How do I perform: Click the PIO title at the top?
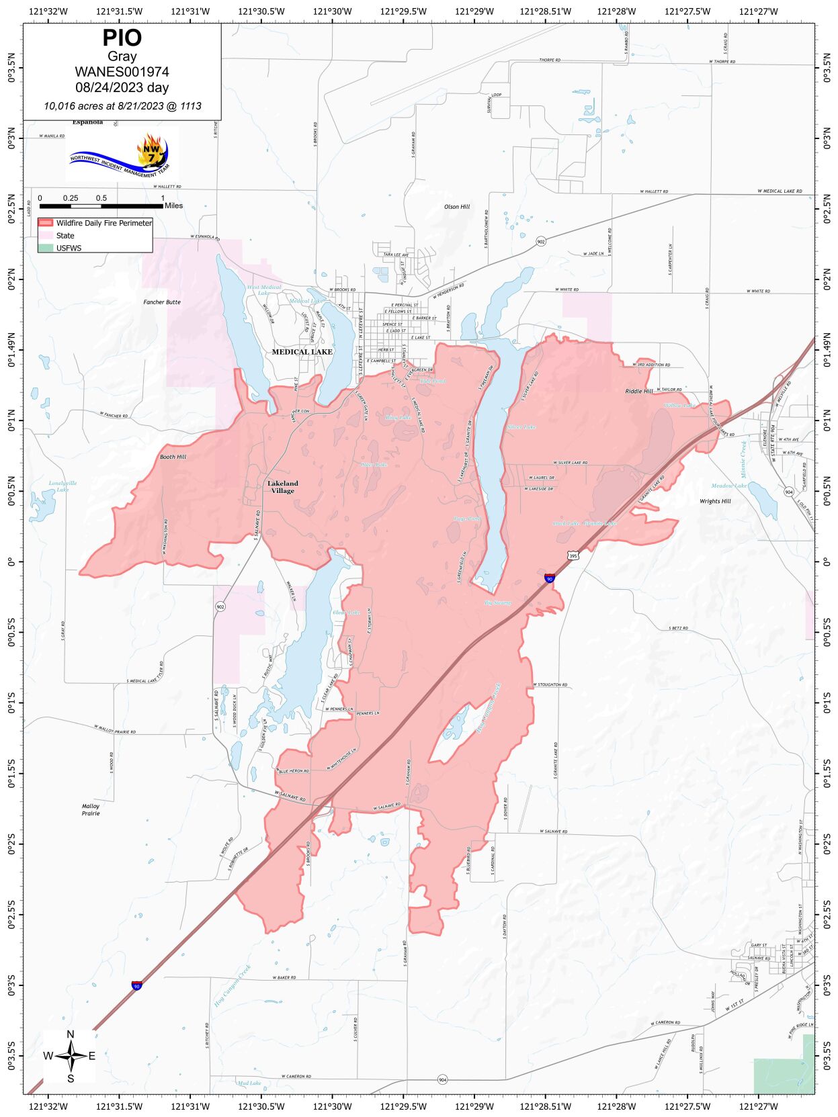tap(122, 38)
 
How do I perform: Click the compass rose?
tap(70, 1057)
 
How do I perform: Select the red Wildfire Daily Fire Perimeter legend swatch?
tap(46, 223)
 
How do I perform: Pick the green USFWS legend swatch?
tap(46, 248)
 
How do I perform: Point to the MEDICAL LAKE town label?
tap(302, 352)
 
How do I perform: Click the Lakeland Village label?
tap(282, 487)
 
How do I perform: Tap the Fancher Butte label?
tap(162, 302)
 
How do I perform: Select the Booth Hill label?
tap(173, 457)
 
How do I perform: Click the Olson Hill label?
tap(457, 207)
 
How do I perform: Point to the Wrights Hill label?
tap(715, 501)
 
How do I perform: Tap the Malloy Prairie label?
tap(91, 809)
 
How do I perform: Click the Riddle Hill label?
tap(638, 391)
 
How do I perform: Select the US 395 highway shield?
tap(573, 555)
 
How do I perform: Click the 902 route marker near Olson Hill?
tap(541, 241)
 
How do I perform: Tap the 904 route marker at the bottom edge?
tap(442, 1079)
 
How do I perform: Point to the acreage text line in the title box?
tap(122, 106)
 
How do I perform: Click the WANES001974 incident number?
tap(122, 72)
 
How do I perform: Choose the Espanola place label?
tap(87, 122)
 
